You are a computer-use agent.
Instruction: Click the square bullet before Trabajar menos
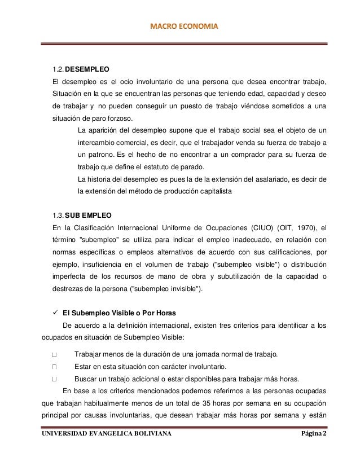tap(55, 354)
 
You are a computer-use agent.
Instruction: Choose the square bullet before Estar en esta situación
tap(55, 367)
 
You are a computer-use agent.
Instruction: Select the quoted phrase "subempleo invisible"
tap(167, 289)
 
